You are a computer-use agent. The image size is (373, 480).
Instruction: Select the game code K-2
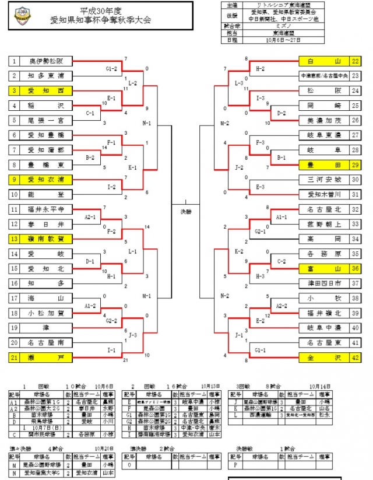(x=239, y=251)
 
